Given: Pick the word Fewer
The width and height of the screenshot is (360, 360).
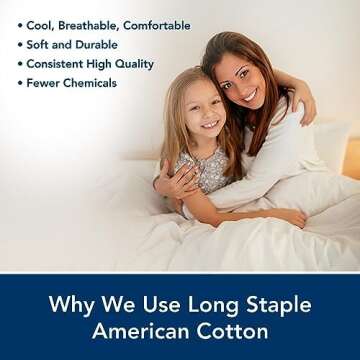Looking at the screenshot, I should pos(39,82).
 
